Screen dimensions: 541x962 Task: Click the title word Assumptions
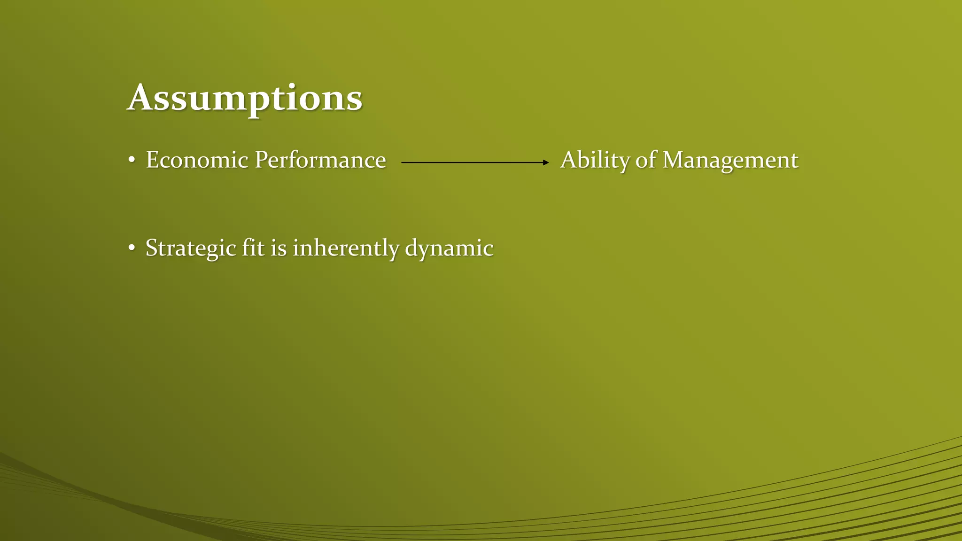(x=245, y=99)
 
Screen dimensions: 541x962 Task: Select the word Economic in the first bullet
(x=197, y=160)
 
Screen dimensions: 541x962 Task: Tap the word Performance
(x=320, y=160)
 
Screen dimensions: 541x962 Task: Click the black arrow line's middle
(x=474, y=162)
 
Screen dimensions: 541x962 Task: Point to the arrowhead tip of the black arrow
(x=548, y=162)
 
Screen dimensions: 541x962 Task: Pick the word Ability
(x=595, y=160)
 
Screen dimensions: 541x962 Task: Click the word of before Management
(x=646, y=160)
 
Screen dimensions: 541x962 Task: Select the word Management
(x=730, y=160)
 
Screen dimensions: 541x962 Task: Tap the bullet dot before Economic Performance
(x=132, y=161)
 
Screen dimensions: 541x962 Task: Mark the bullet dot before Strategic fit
(x=132, y=248)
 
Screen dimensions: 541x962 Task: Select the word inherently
(x=346, y=248)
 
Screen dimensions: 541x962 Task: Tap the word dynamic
(x=449, y=248)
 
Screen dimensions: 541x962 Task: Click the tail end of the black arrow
(x=403, y=162)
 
